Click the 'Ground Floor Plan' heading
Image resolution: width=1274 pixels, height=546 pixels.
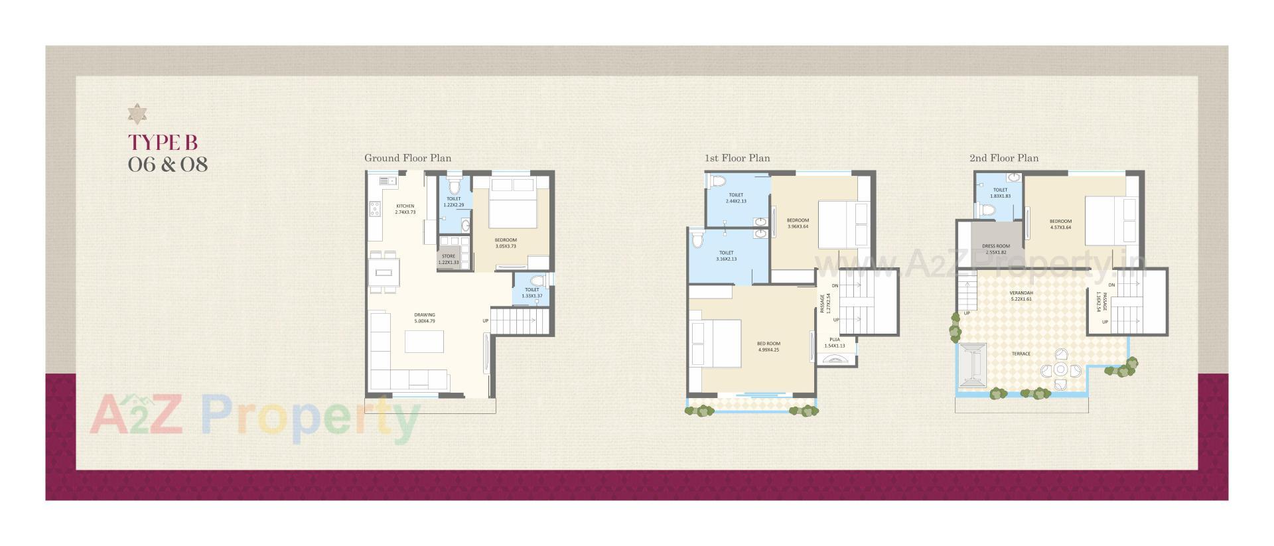point(407,158)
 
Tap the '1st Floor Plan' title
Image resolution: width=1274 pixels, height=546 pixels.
point(737,158)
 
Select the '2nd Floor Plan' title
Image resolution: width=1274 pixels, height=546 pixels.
point(1003,158)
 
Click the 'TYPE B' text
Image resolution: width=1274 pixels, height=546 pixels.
point(163,143)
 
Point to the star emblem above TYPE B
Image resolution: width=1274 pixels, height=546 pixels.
point(137,114)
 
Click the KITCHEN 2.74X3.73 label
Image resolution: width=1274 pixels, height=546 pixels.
point(405,209)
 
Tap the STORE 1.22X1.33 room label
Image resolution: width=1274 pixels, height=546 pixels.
point(449,259)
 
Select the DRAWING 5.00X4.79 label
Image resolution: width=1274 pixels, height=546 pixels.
point(425,318)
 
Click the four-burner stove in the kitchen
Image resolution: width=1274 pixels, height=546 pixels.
point(375,209)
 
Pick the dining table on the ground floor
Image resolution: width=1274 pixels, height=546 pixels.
point(384,271)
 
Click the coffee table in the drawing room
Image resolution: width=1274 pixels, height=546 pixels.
point(425,342)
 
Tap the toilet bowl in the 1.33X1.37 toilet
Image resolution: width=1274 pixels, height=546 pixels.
point(537,281)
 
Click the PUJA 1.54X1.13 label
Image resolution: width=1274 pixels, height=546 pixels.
point(834,342)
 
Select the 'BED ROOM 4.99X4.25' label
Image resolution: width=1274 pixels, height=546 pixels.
point(768,346)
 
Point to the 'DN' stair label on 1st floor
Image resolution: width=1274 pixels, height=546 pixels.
point(835,286)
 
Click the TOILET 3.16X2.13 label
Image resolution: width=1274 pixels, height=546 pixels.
point(726,255)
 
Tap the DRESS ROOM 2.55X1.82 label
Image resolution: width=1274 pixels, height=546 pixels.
point(996,249)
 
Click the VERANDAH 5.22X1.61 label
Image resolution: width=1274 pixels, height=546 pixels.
point(1021,295)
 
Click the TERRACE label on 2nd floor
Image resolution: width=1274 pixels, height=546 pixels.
point(1021,354)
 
